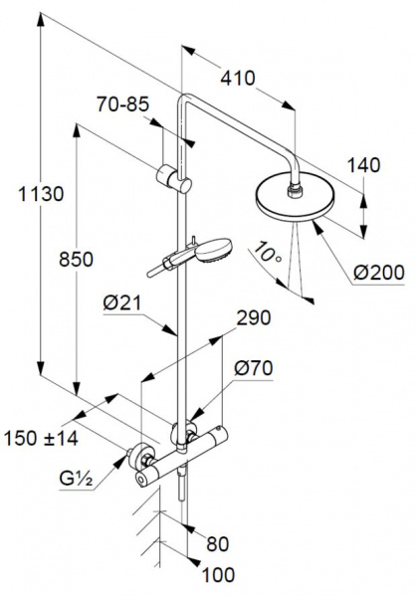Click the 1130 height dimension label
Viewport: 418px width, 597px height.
41,194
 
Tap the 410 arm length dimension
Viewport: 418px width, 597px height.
238,79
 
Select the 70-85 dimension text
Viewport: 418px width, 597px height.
122,104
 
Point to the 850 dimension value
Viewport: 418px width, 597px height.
77,260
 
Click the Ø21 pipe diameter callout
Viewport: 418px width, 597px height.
121,303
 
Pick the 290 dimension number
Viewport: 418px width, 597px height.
254,318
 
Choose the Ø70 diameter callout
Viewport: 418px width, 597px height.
254,368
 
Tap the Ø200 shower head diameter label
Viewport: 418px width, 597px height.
379,273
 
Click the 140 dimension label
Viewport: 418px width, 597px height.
364,165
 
